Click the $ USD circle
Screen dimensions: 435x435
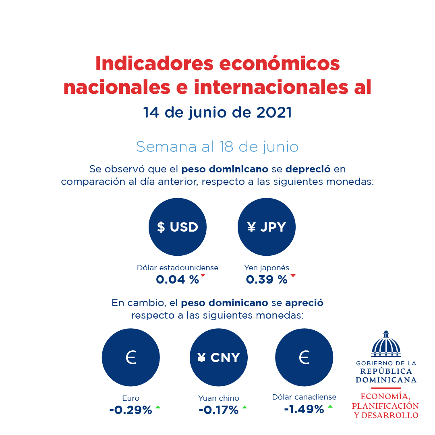[178, 227]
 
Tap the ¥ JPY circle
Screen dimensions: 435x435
[267, 227]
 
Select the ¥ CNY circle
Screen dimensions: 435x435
[219, 357]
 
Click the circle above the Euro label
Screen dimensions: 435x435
[131, 357]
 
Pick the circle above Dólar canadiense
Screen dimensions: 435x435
[304, 357]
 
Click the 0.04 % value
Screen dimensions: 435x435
[177, 280]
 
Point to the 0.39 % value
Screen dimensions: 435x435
[266, 280]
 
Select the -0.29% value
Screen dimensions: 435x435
[130, 410]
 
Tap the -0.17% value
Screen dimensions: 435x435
[218, 410]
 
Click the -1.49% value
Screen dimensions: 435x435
[304, 409]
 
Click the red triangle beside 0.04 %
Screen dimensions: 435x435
[203, 275]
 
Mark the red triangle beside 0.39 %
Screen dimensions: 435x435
[293, 275]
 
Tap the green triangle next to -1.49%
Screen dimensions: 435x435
[330, 406]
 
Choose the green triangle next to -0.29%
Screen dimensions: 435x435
[158, 407]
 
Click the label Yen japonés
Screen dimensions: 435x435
[266, 267]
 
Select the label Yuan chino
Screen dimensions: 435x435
[218, 398]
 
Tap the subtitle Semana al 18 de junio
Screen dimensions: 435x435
[217, 147]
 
